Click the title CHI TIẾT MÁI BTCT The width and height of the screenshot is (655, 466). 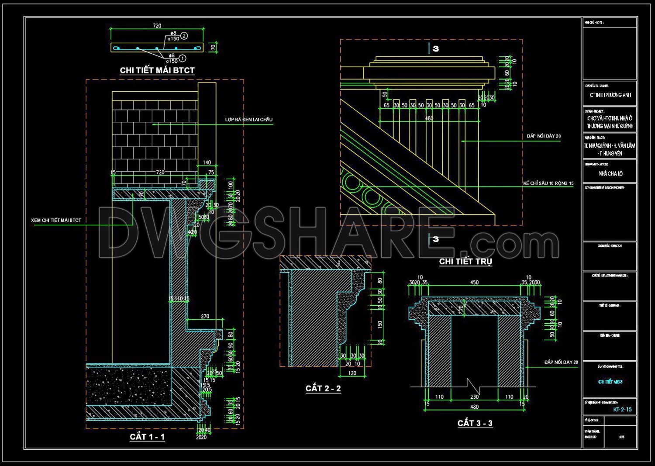point(157,70)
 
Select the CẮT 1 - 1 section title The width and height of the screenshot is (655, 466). point(147,437)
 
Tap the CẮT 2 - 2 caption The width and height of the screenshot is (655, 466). point(323,388)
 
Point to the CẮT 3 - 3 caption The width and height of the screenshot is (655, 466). point(475,423)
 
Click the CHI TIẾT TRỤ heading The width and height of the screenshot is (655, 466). point(465,261)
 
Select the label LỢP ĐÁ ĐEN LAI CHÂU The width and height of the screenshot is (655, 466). point(249,120)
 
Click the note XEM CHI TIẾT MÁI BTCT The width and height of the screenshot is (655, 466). point(56,220)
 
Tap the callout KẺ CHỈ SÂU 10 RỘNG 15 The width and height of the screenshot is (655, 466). point(548,183)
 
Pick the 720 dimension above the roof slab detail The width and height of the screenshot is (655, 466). point(157,26)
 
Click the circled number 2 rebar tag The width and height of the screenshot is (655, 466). point(184,36)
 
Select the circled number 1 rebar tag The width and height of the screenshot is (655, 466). point(183,58)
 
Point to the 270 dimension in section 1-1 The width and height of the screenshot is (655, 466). point(205,316)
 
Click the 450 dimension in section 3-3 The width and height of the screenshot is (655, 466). point(475,283)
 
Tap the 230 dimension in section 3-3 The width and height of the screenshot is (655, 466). point(475,397)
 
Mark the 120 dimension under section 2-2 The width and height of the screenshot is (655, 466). point(352,373)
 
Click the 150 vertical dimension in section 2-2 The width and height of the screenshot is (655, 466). point(380,324)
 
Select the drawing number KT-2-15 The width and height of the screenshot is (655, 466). point(622,410)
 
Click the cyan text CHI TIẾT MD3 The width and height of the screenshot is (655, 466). point(610,382)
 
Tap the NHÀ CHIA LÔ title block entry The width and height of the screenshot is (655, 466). point(610,174)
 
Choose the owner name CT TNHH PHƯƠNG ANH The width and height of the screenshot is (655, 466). point(610,95)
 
